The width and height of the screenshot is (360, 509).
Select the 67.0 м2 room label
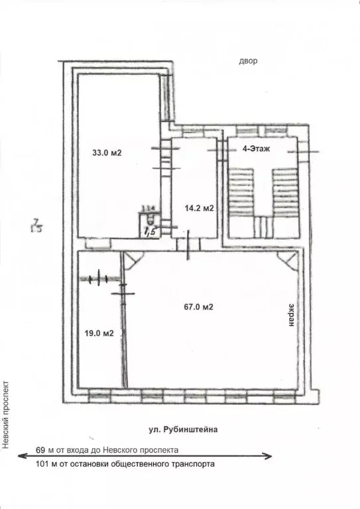point(198,306)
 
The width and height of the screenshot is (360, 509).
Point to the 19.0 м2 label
point(99,333)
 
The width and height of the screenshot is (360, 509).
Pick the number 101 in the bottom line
point(43,465)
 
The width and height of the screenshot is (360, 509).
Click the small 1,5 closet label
point(150,231)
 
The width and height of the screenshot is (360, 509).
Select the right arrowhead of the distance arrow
point(269,457)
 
